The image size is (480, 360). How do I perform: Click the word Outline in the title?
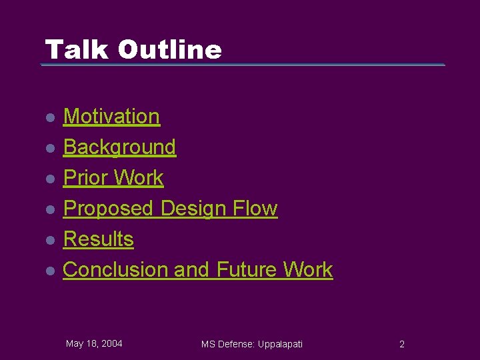tap(169, 49)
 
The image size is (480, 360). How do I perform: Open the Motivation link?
tap(111, 116)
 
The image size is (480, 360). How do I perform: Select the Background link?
tap(119, 147)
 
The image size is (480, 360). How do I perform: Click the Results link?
tap(98, 239)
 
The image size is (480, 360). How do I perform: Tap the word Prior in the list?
tap(85, 177)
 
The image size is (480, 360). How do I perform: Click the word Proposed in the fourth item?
tap(108, 208)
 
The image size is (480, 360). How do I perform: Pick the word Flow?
tap(255, 208)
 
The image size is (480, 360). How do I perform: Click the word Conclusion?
tap(115, 269)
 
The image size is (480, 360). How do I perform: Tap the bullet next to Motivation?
tap(49, 117)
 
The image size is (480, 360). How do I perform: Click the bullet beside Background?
tap(49, 148)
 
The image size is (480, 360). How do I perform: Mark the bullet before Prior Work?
tap(49, 179)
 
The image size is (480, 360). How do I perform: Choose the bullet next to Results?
tap(49, 240)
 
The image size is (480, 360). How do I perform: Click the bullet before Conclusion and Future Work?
tap(49, 271)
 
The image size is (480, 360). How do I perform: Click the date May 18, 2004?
tap(94, 343)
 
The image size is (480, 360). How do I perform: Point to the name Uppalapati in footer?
tap(279, 344)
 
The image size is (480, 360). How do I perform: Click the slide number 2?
tap(401, 344)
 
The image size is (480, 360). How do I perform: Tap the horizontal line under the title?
tap(243, 65)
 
